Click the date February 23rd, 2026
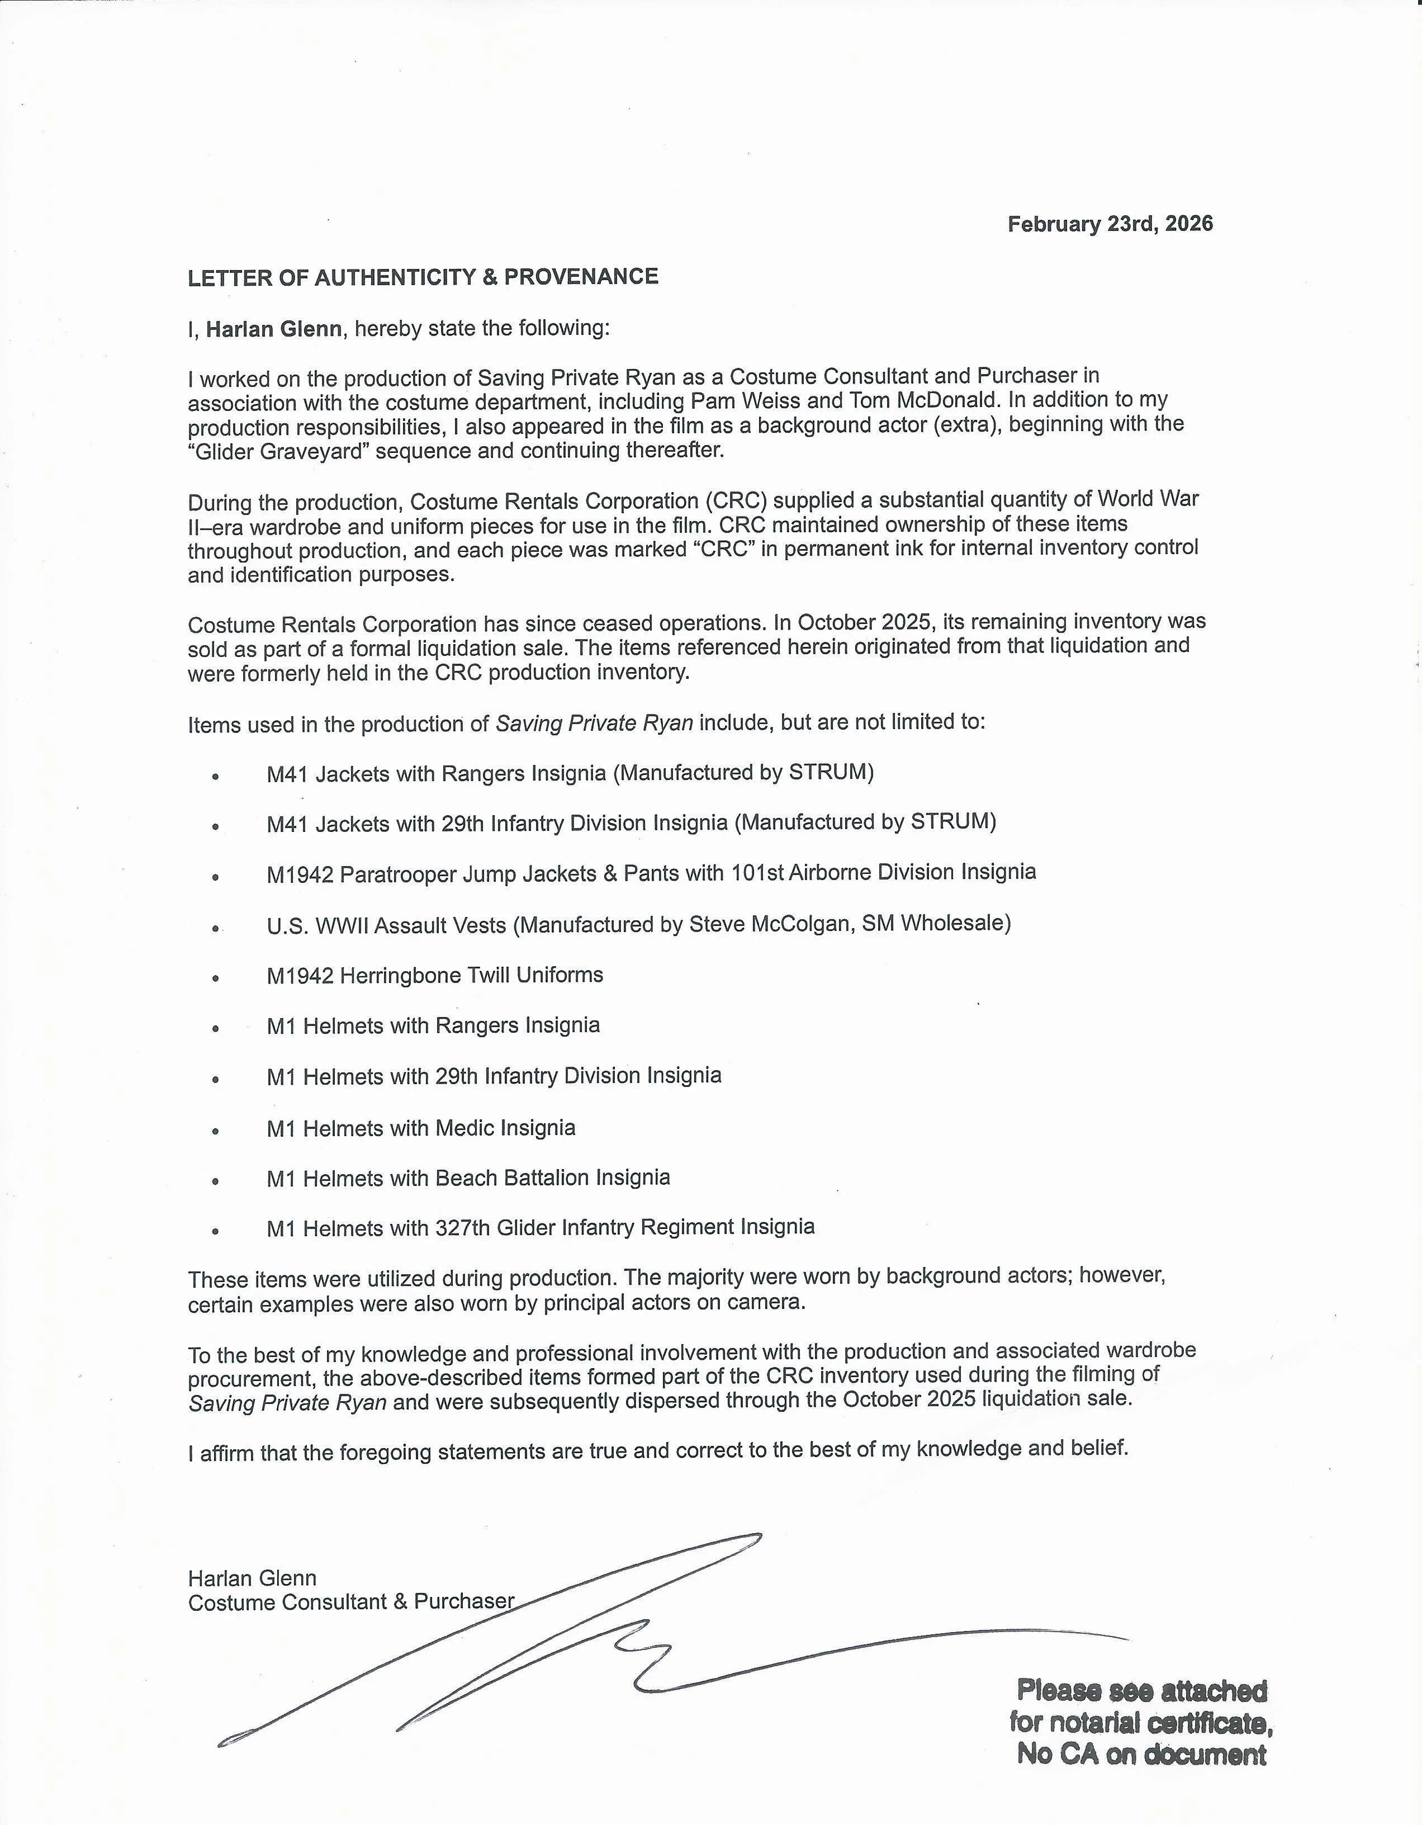tap(1110, 224)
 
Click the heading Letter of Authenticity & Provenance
tap(423, 277)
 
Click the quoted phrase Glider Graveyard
tap(282, 451)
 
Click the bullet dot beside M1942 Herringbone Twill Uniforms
tap(216, 977)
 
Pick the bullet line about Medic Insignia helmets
tap(421, 1128)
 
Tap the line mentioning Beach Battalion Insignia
tap(468, 1178)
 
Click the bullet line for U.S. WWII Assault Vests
tap(638, 924)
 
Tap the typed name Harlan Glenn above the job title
tap(252, 1578)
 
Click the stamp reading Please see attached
tap(1141, 1690)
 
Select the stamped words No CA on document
tap(1141, 1754)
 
